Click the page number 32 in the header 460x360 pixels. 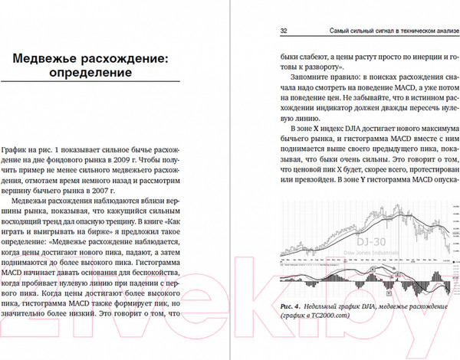pos(283,31)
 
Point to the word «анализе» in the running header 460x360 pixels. pos(442,31)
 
